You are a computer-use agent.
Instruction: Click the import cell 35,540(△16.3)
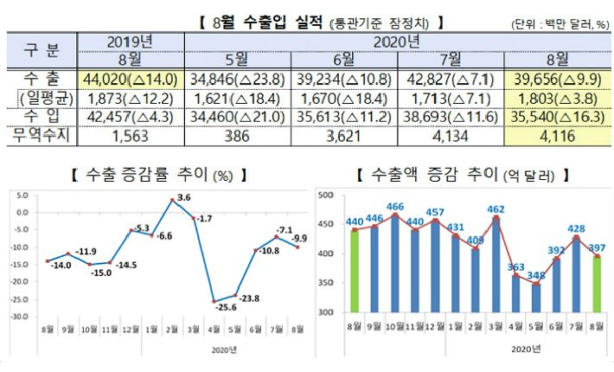557,116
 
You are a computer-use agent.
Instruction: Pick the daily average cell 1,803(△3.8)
557,96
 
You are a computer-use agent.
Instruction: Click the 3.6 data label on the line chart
184,198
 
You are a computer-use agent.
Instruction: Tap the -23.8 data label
252,298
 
